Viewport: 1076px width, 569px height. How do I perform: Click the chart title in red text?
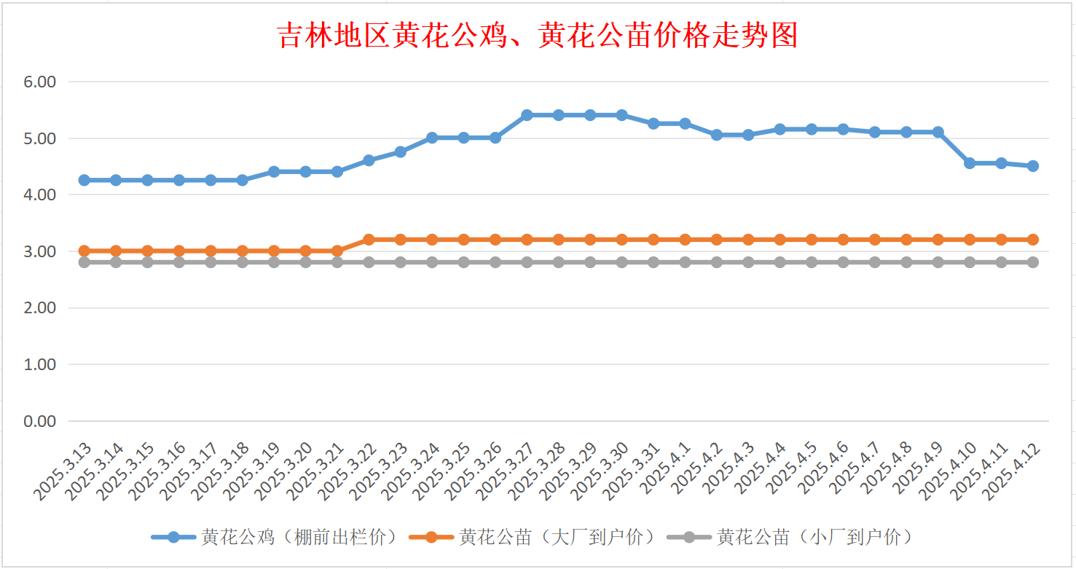[538, 36]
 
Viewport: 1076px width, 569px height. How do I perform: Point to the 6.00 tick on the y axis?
[40, 82]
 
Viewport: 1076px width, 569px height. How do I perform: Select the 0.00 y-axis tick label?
[40, 421]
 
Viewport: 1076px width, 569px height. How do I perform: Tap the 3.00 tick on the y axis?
[40, 251]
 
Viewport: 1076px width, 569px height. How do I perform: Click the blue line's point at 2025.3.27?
[527, 115]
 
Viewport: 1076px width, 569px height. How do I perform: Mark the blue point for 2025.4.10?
[970, 163]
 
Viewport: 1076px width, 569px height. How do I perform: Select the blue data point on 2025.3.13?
[84, 180]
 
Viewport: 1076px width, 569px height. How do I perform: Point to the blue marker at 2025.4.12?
[1033, 166]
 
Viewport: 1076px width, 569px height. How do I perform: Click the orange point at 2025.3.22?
[369, 240]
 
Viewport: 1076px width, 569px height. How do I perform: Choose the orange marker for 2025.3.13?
[84, 251]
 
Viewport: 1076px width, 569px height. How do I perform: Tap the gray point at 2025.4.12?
[1033, 262]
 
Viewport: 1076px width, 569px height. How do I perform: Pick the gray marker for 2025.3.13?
[84, 262]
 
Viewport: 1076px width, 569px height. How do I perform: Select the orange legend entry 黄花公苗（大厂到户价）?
[533, 538]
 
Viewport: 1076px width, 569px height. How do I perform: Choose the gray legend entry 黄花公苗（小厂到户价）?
[790, 538]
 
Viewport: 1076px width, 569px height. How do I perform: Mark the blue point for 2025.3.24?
[432, 138]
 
